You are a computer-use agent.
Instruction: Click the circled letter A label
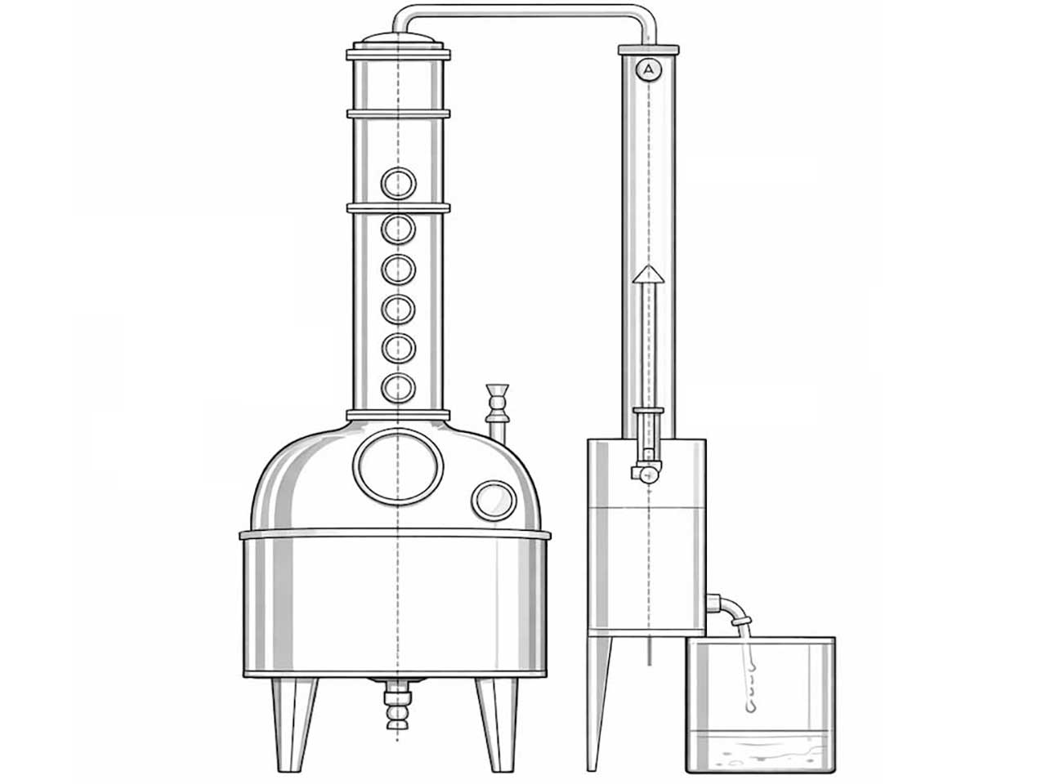tap(648, 70)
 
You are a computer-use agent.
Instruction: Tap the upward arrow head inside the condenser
tap(648, 274)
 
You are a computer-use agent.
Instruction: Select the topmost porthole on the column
tap(399, 183)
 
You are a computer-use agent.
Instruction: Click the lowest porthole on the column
tap(399, 388)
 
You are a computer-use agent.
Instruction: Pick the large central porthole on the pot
tap(398, 466)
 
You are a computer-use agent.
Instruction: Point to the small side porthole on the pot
tap(494, 501)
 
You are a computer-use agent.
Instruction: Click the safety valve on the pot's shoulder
tap(497, 412)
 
